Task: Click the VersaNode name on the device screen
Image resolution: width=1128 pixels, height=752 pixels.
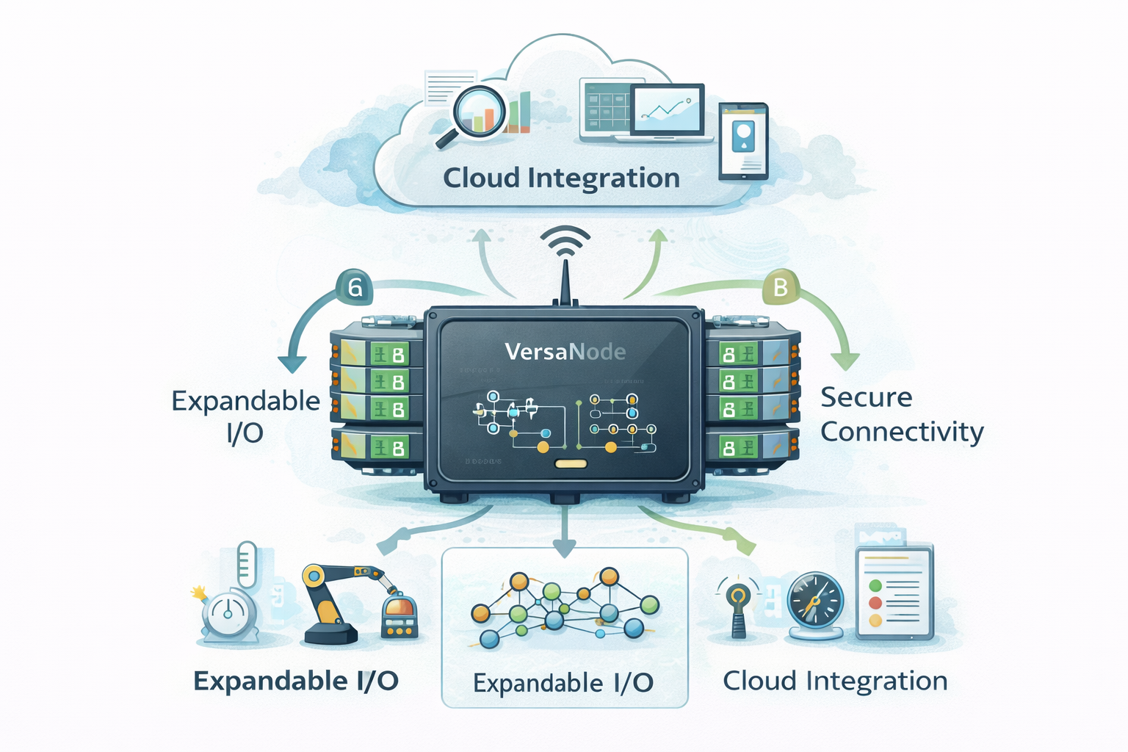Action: tap(565, 352)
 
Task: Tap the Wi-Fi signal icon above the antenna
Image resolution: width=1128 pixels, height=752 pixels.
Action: tap(565, 241)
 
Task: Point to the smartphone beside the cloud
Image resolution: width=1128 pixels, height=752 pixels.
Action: tap(743, 140)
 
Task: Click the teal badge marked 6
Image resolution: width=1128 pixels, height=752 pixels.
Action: tap(355, 287)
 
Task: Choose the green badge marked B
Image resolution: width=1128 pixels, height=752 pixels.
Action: tap(780, 287)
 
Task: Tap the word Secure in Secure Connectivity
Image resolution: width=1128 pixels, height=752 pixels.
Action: tap(866, 397)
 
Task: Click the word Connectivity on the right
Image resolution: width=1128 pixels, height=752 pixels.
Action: tap(902, 432)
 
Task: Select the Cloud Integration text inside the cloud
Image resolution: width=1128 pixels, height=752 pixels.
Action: tap(561, 178)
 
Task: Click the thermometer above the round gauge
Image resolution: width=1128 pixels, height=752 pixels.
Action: tap(247, 564)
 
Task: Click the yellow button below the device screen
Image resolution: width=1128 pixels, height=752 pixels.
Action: tap(571, 463)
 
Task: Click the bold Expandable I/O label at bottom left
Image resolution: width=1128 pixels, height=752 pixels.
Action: tap(296, 681)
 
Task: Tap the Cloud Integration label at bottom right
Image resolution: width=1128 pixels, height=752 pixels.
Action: tap(835, 681)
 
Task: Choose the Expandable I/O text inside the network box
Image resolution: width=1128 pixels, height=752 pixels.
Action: tap(563, 683)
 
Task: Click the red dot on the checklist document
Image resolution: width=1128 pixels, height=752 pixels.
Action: tap(875, 603)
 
